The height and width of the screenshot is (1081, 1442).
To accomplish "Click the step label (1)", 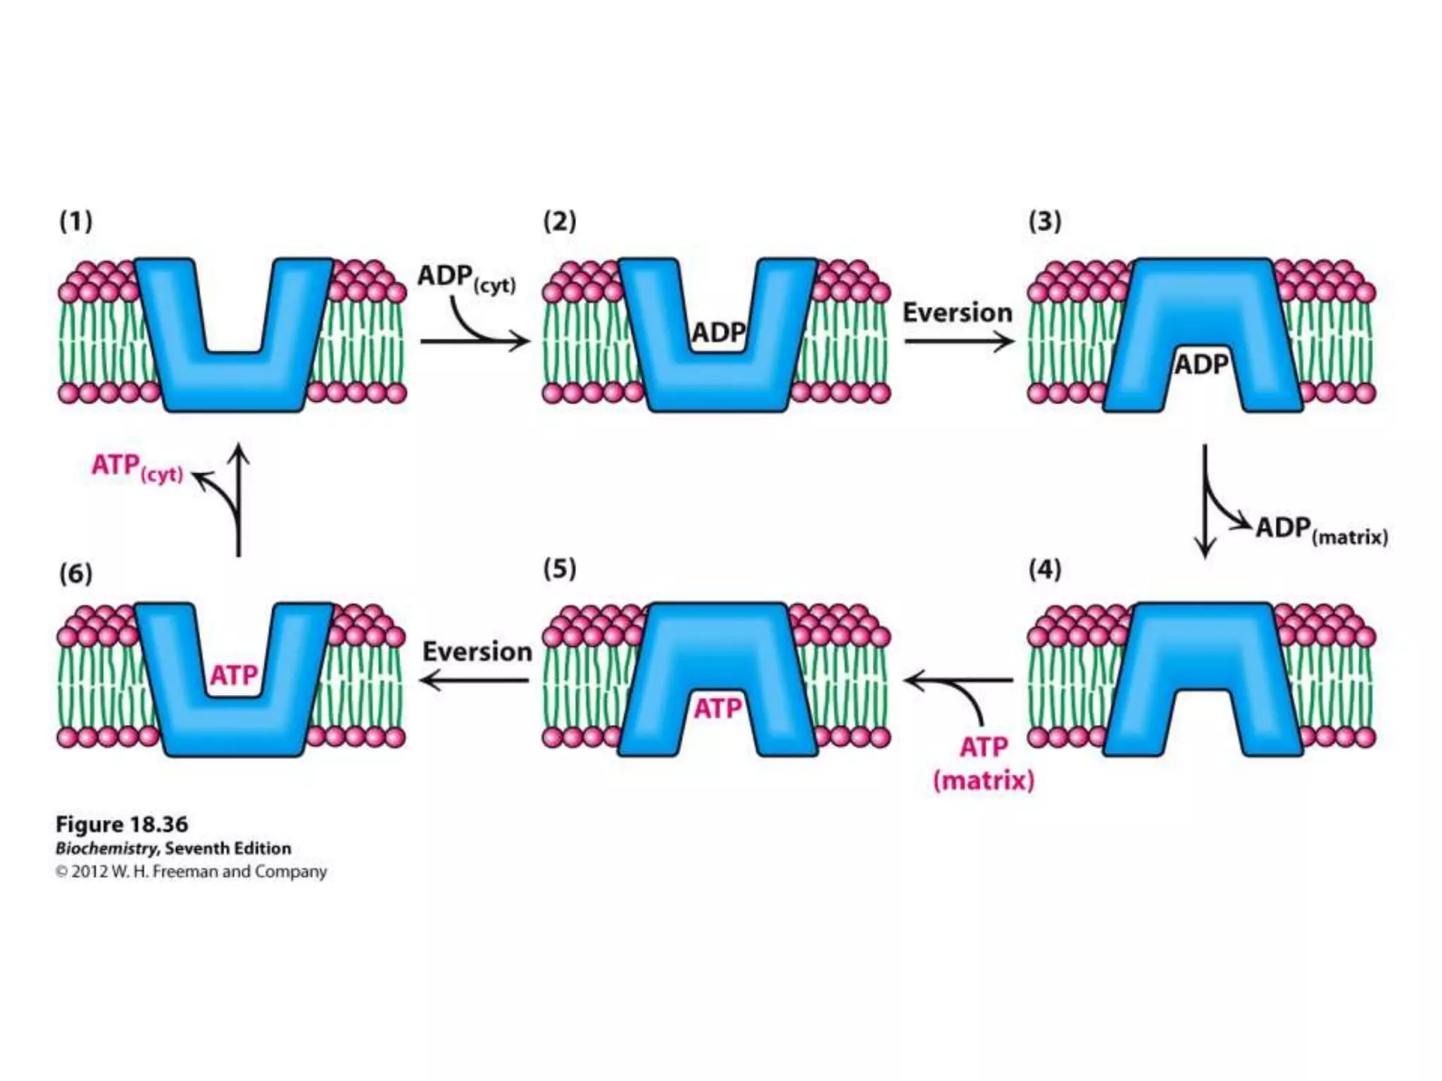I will coord(76,222).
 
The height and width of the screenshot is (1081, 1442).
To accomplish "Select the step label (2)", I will coord(560,222).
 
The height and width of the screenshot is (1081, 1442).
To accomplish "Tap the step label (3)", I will coord(1044,222).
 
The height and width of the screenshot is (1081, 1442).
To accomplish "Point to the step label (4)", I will coord(1044,569).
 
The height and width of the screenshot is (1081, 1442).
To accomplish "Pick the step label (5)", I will coord(560,569).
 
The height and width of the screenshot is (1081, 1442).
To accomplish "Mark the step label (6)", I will coord(76,574).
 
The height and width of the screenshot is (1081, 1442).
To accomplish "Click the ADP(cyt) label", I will coord(466,277).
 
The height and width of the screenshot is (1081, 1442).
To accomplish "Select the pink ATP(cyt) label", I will coord(137,467).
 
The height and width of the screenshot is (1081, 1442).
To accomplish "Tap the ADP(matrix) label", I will coord(1321,530).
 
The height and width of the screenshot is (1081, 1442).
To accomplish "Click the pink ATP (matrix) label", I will coord(984,763).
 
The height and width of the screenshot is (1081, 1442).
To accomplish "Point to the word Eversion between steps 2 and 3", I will coord(958,312).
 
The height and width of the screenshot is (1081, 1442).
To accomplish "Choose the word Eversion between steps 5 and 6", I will coord(477,652).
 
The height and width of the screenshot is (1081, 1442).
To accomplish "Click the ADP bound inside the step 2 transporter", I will coord(718,332).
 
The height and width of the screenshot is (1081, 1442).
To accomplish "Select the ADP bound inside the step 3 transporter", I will coord(1201,365).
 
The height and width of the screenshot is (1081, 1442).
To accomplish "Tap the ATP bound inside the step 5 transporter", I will coord(717,708).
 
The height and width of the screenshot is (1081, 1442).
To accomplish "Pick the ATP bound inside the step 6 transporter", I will coord(234,676).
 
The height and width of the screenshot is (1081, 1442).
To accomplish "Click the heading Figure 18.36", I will coord(122,824).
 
